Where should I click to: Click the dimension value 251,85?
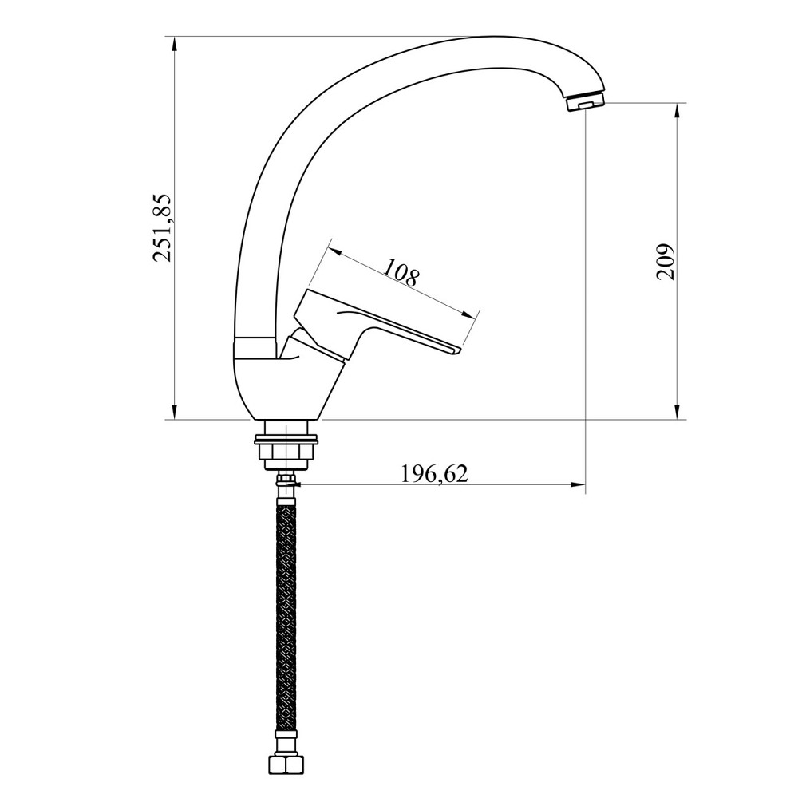point(163,227)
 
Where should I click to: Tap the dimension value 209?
point(665,262)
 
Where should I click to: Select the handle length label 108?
point(401,273)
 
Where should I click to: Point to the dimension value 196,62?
point(433,474)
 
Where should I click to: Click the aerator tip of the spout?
point(585,102)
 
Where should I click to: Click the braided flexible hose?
point(286,618)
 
